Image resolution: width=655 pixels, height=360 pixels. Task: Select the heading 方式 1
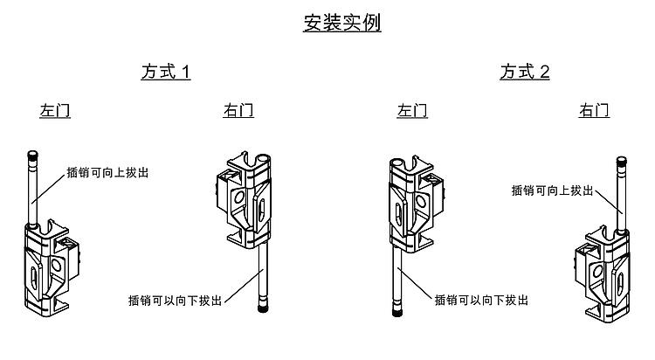166,72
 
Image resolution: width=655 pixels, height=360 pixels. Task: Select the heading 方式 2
525,72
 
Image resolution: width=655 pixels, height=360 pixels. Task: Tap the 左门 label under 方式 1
55,111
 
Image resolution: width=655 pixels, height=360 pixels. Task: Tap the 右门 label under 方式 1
238,111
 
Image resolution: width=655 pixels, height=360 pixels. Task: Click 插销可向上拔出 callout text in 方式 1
107,172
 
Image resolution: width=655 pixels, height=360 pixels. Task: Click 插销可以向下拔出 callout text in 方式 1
175,300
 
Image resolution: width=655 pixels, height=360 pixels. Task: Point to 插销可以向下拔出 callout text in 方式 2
481,300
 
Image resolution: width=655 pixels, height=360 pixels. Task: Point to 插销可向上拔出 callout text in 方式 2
552,190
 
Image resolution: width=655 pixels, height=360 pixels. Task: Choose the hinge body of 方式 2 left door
410,205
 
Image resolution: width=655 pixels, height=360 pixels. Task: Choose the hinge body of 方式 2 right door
603,271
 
